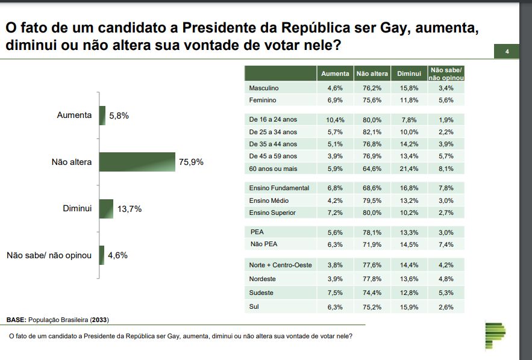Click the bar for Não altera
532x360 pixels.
coord(137,162)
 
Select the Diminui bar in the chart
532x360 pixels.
coord(106,209)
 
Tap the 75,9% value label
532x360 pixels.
coord(191,162)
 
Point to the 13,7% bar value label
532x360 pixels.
coord(129,209)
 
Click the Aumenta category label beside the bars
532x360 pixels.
coord(74,115)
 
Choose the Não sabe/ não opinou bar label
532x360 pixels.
coord(49,255)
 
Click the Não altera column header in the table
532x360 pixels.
coord(372,73)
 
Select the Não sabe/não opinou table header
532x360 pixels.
coord(448,73)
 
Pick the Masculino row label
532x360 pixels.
coord(264,88)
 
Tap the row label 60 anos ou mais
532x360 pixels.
coord(272,169)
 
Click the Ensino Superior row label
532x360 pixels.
coord(272,213)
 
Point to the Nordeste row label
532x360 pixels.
coord(262,279)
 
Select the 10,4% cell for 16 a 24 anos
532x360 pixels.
coord(335,119)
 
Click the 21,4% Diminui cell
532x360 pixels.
coord(408,169)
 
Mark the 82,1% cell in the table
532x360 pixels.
coord(372,132)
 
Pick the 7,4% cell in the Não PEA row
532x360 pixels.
coord(446,244)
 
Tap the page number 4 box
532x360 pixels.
coord(507,52)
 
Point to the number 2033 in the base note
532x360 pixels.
coord(101,320)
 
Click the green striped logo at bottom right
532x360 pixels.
coord(495,334)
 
